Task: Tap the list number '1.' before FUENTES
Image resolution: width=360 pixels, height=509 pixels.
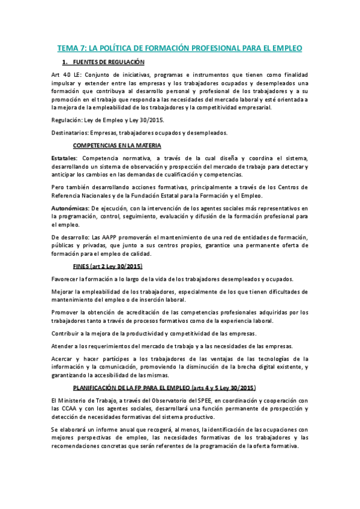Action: pyautogui.click(x=65, y=62)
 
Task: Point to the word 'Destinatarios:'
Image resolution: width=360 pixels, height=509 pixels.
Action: pyautogui.click(x=72, y=133)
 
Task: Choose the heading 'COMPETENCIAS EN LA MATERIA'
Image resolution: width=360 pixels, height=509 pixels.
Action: pyautogui.click(x=117, y=145)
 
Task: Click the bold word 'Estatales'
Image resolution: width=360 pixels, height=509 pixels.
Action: pyautogui.click(x=64, y=157)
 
